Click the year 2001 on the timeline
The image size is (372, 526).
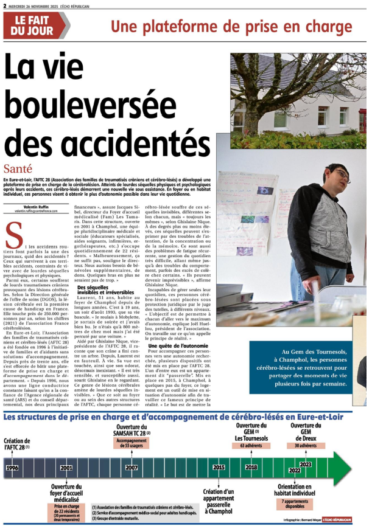point(66,468)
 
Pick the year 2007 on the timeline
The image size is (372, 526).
point(132,468)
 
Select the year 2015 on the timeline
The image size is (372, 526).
point(219,468)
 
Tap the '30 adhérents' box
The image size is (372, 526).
point(306,446)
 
